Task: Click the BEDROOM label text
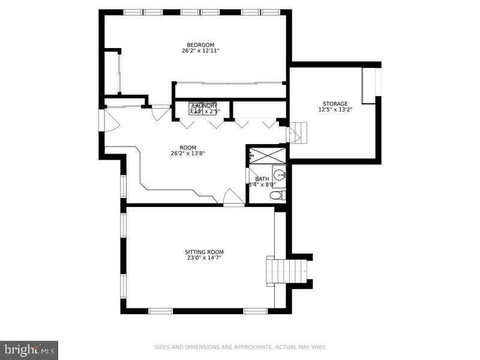[x=200, y=45]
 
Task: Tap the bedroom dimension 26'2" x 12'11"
[x=200, y=51]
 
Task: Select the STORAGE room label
[x=335, y=104]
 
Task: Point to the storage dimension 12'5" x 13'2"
[x=335, y=110]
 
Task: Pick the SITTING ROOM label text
[x=205, y=252]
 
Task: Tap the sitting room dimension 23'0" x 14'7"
[x=205, y=258]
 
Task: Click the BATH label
[x=262, y=179]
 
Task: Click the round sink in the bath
[x=280, y=175]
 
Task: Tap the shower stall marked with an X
[x=268, y=155]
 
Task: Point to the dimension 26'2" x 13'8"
[x=188, y=153]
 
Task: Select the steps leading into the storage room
[x=298, y=132]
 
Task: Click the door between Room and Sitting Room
[x=233, y=198]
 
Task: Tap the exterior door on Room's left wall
[x=109, y=121]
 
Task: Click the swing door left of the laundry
[x=160, y=113]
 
